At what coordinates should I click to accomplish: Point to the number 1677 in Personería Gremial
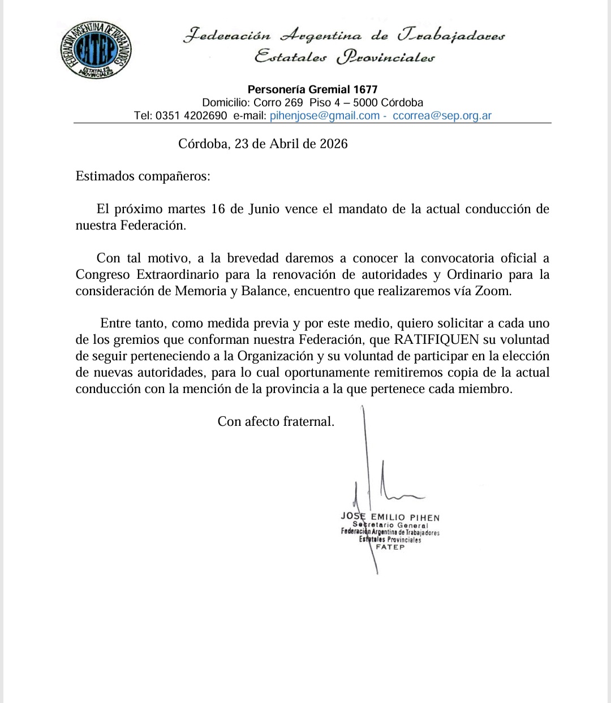(365, 89)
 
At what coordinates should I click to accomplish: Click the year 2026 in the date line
(333, 144)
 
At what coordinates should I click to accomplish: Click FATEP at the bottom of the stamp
(390, 547)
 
